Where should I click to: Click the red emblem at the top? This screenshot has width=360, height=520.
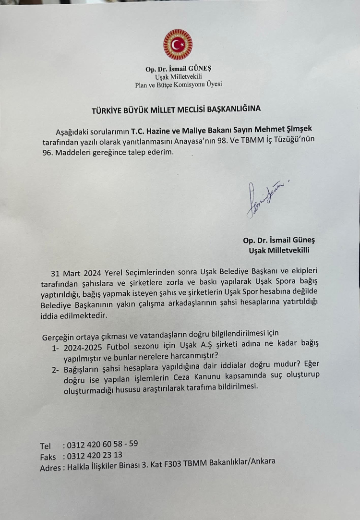178,44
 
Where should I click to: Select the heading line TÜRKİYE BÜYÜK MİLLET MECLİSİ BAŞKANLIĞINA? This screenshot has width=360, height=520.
176,109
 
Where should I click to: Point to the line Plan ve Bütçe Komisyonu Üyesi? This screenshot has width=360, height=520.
178,85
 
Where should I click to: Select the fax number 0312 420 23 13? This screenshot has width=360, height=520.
95,456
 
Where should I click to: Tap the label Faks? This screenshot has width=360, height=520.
48,457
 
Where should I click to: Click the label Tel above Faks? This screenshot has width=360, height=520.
46,445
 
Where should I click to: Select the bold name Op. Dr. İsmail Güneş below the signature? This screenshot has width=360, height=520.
279,240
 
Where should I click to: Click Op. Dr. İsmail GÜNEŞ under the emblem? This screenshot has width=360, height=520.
178,69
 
